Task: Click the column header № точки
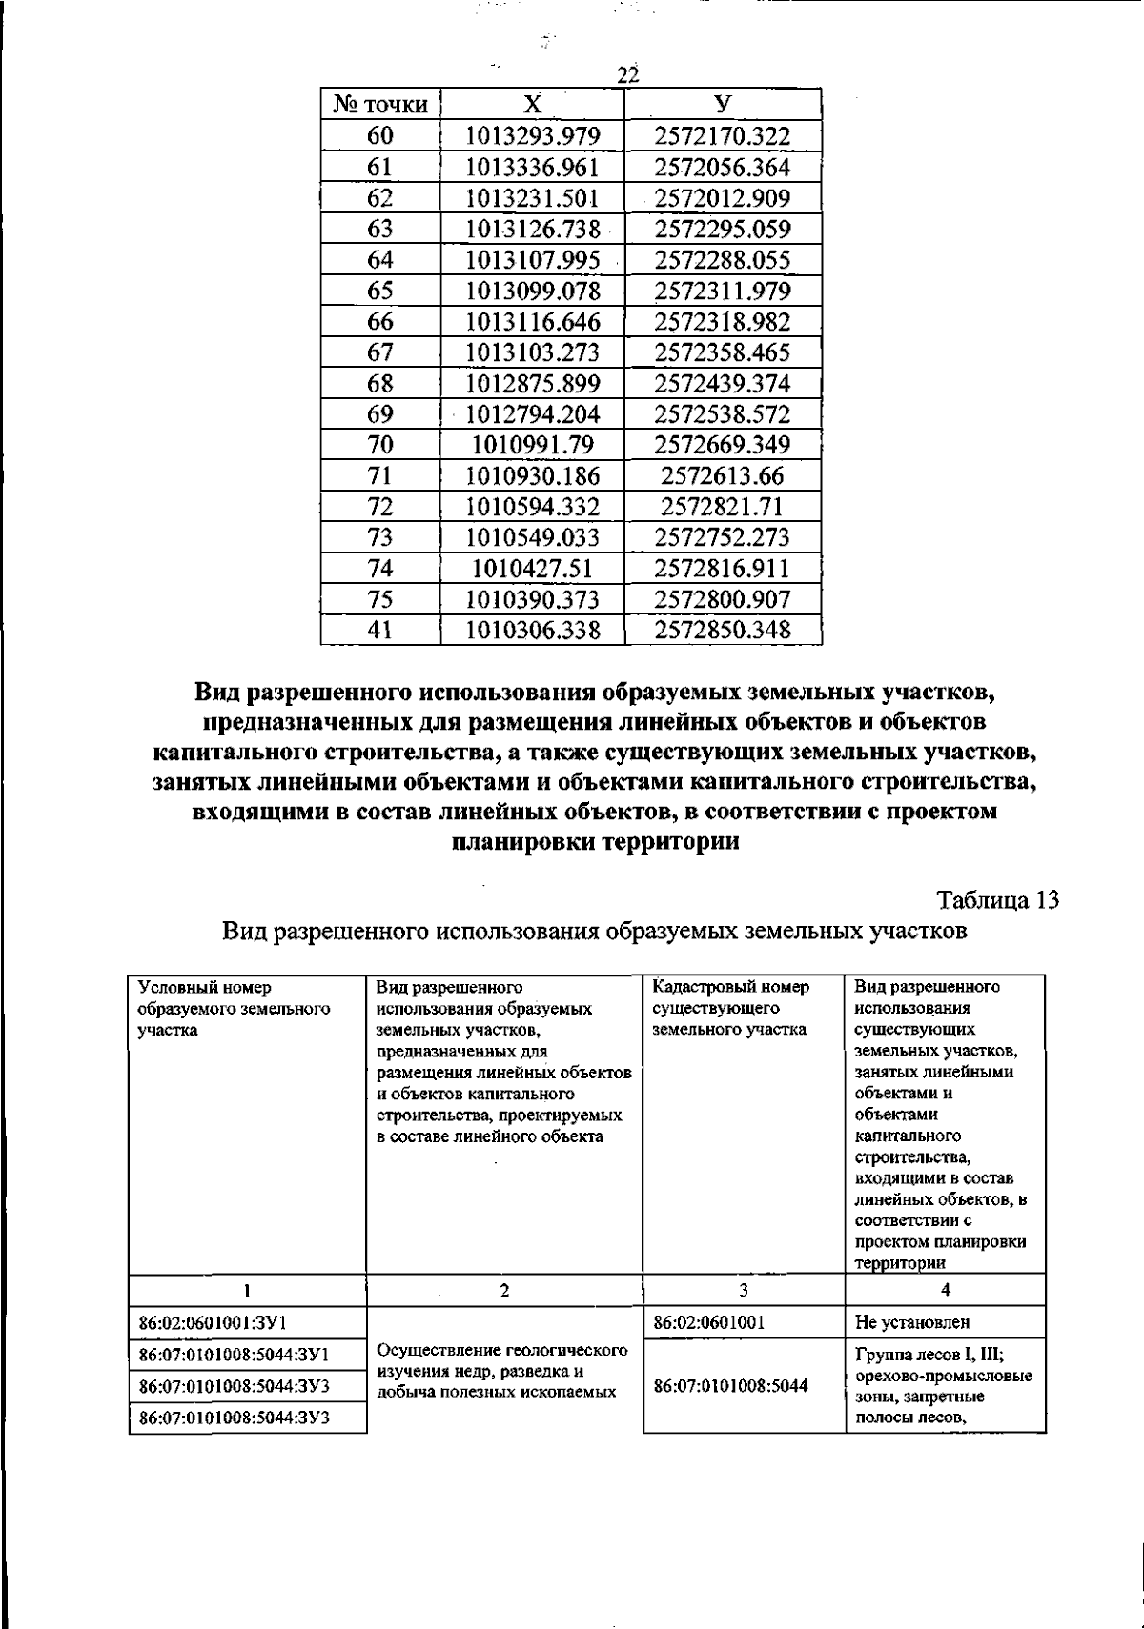379,105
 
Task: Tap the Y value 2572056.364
723,168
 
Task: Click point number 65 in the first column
379,291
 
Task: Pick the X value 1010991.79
532,445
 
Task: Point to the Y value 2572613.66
723,475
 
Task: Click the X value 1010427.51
532,569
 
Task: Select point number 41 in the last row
379,630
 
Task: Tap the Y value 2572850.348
723,630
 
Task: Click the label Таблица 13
998,900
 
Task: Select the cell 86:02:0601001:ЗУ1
214,1322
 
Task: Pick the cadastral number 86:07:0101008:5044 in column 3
731,1385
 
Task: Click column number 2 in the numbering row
504,1291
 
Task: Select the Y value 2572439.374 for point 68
723,383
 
